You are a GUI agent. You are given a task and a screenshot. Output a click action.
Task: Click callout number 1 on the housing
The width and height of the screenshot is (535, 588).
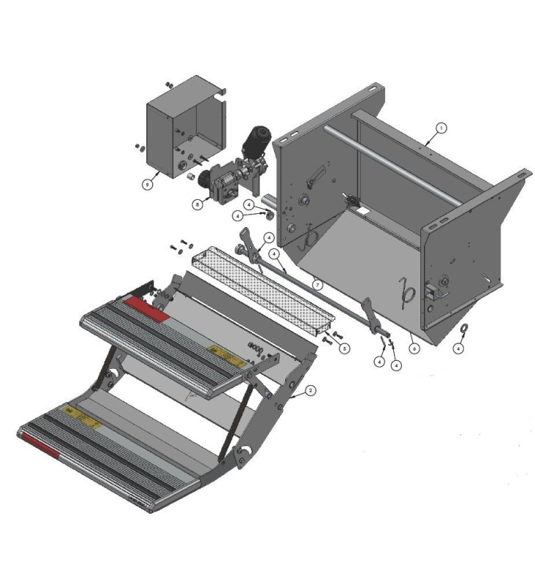(440, 127)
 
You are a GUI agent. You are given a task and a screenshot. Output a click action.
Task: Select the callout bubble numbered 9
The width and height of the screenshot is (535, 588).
(147, 184)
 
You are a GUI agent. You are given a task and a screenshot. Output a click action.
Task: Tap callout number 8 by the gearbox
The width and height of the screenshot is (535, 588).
(197, 204)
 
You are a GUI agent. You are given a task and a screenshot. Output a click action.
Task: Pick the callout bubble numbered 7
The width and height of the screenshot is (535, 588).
(317, 283)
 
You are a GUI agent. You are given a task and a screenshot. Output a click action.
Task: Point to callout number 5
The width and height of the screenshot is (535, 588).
(344, 348)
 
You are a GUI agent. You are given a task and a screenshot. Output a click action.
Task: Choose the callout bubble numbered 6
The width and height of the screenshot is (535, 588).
(414, 348)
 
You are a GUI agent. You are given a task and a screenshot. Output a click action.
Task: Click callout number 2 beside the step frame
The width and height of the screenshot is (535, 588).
(311, 390)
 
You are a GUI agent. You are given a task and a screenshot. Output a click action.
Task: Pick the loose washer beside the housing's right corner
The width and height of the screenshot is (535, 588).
(464, 329)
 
